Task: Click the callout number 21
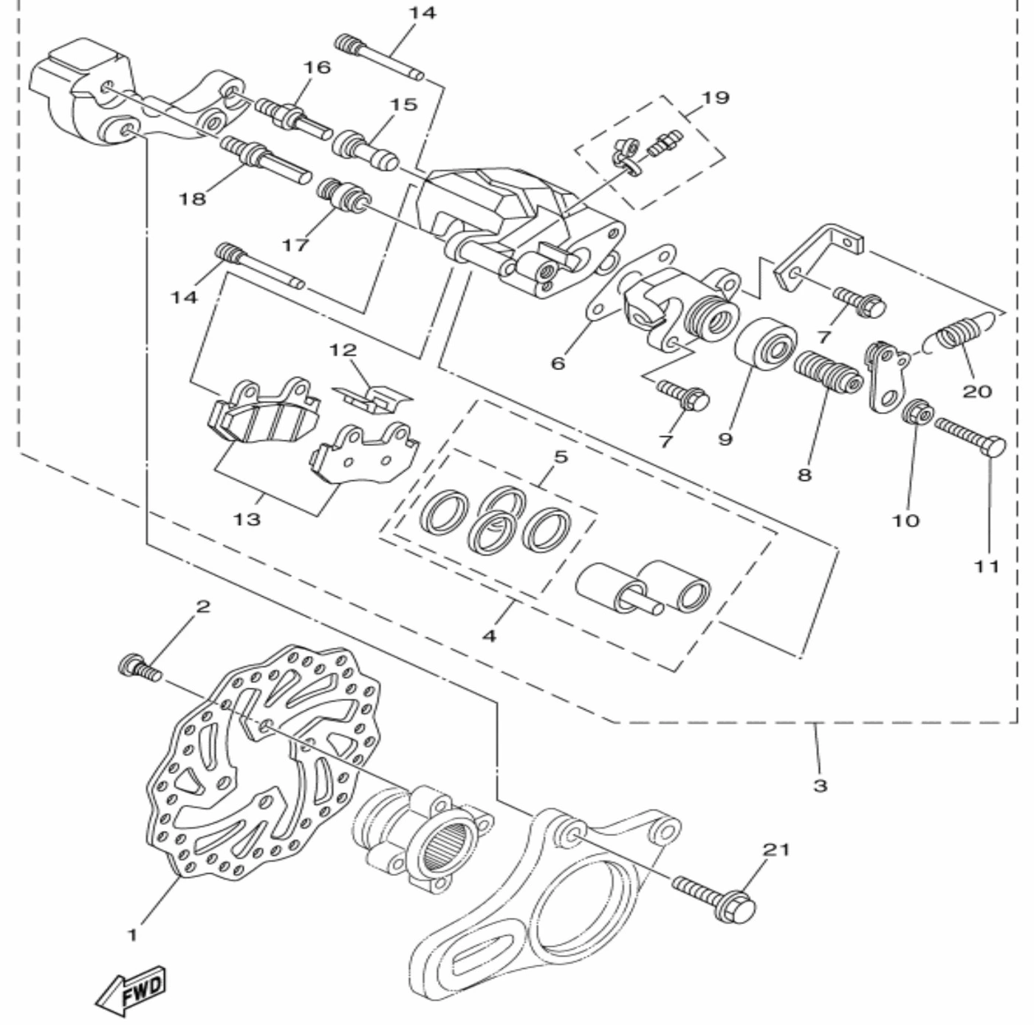click(776, 849)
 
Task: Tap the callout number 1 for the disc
click(132, 935)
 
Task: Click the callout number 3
click(820, 786)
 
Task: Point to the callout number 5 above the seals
click(560, 457)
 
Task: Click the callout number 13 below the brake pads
click(247, 519)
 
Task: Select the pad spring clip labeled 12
click(372, 399)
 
